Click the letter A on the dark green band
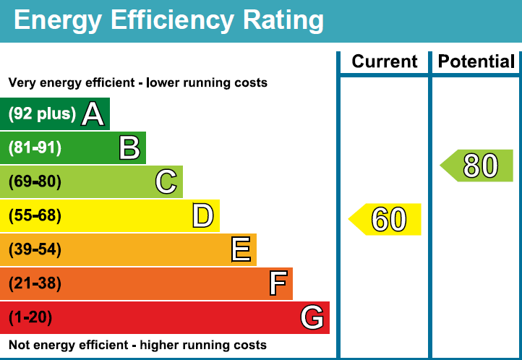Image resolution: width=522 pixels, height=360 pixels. click(x=93, y=114)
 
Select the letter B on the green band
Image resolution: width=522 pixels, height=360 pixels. click(x=129, y=148)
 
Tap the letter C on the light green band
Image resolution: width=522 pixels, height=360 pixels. click(x=166, y=181)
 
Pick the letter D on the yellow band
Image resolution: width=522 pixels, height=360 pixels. click(x=203, y=215)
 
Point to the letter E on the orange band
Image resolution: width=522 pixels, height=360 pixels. click(x=241, y=249)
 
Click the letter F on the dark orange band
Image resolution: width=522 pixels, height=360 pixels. click(x=278, y=283)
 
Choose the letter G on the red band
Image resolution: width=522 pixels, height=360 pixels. click(x=312, y=317)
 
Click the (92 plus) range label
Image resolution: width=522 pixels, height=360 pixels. click(x=42, y=114)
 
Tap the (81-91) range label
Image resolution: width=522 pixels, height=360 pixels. click(x=35, y=148)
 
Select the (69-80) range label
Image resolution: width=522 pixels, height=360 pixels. click(x=35, y=181)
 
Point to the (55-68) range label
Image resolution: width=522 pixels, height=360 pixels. click(x=35, y=215)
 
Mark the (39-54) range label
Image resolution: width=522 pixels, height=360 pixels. click(x=35, y=249)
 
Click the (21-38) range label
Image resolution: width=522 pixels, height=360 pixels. click(x=35, y=283)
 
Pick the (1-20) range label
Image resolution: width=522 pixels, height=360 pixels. click(x=30, y=317)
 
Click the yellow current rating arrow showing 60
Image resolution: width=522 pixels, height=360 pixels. click(x=387, y=219)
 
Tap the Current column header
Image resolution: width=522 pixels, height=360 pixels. click(x=385, y=62)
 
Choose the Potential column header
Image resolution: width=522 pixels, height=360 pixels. click(x=477, y=62)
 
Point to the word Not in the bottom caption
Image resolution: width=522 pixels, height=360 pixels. click(x=20, y=345)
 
